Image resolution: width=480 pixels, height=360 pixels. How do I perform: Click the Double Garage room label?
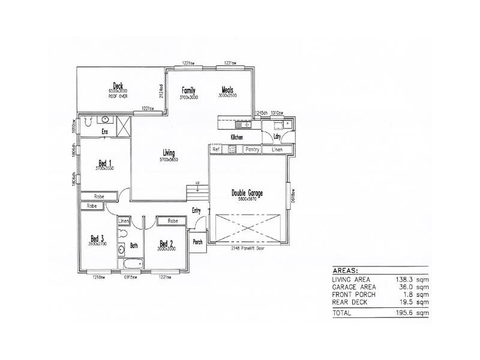coord(247,193)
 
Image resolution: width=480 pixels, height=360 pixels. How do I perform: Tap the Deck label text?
coord(118,85)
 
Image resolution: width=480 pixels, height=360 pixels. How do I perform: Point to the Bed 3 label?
coord(97,237)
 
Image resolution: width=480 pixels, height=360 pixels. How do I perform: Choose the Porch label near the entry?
coord(197,242)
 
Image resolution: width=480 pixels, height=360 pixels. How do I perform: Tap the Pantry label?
coord(253,149)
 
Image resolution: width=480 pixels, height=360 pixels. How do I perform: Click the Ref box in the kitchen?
coord(215,149)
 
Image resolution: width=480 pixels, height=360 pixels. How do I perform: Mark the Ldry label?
coord(277,137)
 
